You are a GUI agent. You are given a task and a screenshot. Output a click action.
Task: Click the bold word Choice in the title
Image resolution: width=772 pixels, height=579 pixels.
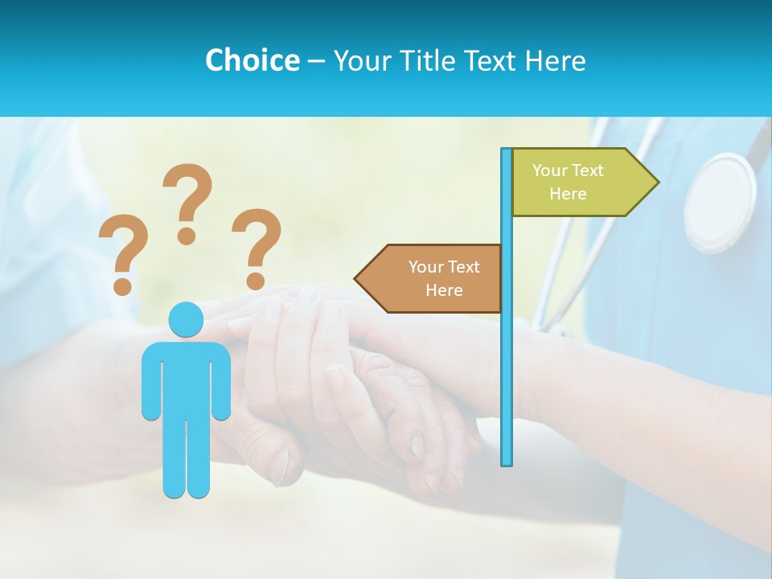pyautogui.click(x=252, y=60)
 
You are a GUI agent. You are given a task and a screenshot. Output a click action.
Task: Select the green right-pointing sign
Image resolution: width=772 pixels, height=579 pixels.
pyautogui.click(x=575, y=182)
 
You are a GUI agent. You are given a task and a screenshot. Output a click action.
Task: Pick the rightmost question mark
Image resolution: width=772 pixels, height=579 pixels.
pyautogui.click(x=257, y=246)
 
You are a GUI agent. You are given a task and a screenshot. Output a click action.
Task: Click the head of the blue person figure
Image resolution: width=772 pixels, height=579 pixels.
pyautogui.click(x=186, y=319)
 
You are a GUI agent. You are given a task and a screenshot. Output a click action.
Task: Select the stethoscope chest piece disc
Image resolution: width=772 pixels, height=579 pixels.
pyautogui.click(x=720, y=202)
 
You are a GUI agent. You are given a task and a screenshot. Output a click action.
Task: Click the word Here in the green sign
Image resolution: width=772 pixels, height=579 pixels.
pyautogui.click(x=568, y=194)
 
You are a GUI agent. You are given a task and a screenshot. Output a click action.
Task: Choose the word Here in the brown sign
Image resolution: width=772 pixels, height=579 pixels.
pyautogui.click(x=444, y=290)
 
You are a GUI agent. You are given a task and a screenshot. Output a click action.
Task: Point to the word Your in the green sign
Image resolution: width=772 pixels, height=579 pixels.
pyautogui.click(x=549, y=170)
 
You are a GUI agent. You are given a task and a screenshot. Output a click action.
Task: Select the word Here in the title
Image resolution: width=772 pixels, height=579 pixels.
pyautogui.click(x=555, y=60)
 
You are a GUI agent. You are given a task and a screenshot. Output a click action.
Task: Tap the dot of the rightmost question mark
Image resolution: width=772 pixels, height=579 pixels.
pyautogui.click(x=256, y=281)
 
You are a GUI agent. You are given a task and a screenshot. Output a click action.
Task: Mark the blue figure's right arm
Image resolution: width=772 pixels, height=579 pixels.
pyautogui.click(x=220, y=382)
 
